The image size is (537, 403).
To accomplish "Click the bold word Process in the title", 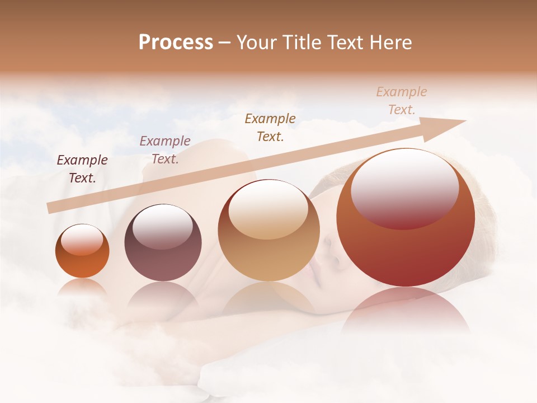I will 176,43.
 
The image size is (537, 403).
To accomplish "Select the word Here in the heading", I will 389,43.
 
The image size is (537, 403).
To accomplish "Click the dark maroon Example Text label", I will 82,168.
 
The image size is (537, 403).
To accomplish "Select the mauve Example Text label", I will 165,149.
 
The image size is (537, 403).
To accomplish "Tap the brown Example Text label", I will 270,127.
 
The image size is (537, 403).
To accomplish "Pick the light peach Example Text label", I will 402,100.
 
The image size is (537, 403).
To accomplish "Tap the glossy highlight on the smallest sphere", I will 82,240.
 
